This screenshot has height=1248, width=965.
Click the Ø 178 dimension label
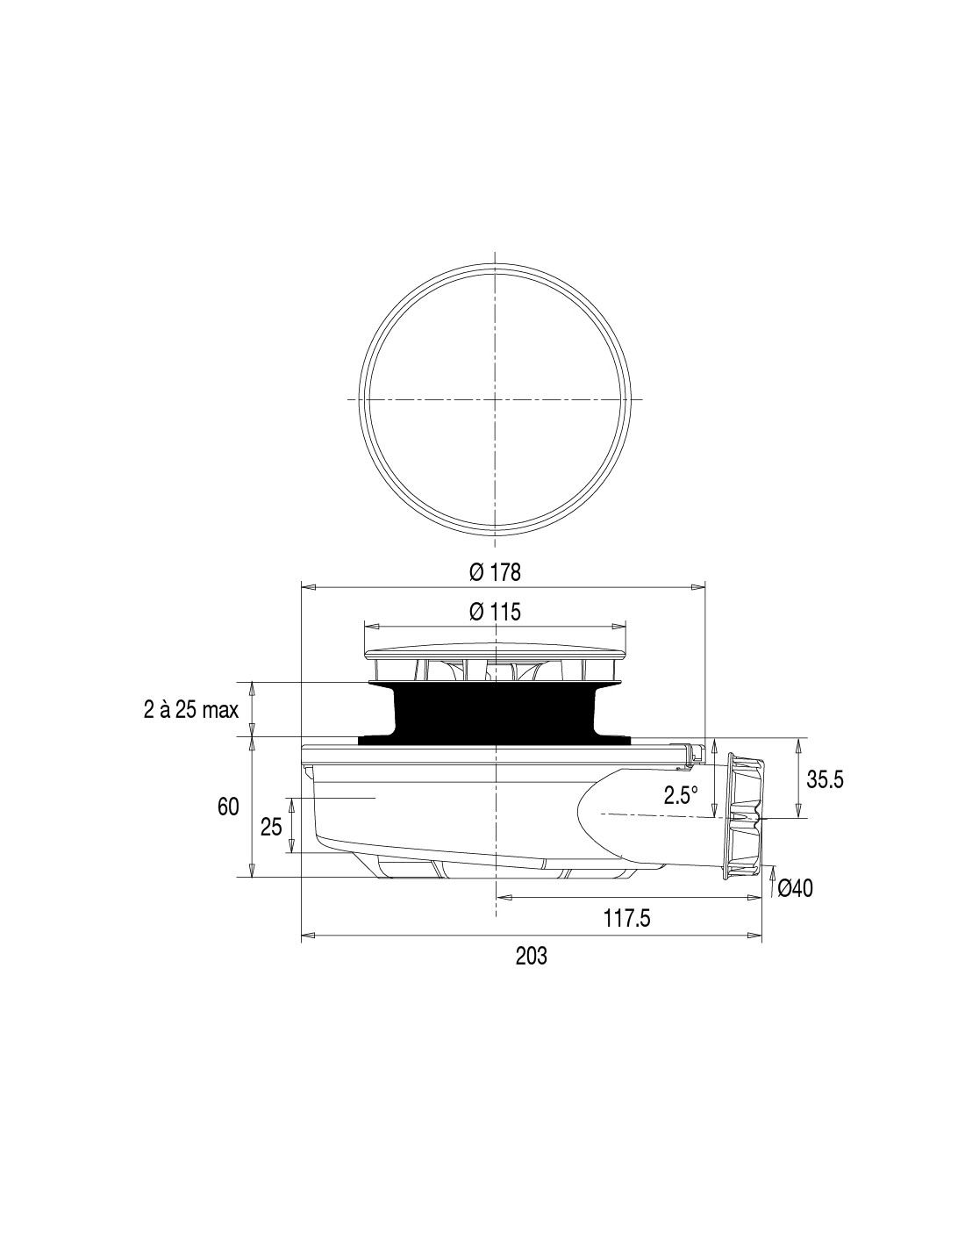pyautogui.click(x=494, y=572)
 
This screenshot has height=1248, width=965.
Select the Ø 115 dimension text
pyautogui.click(x=494, y=612)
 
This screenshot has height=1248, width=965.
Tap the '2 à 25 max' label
pyautogui.click(x=190, y=710)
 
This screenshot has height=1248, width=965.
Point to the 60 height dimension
pyautogui.click(x=228, y=807)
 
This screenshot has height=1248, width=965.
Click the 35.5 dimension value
pyautogui.click(x=825, y=780)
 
